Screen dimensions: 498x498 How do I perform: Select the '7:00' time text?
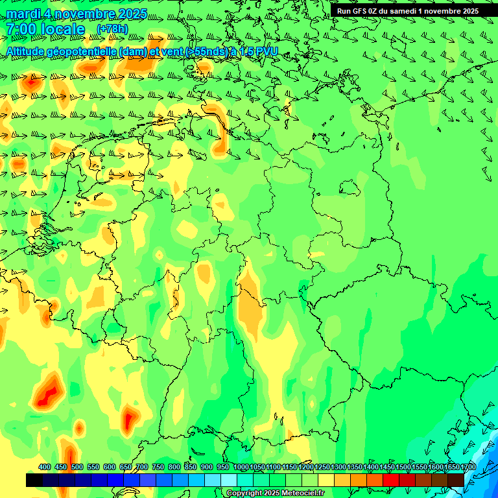[20, 30]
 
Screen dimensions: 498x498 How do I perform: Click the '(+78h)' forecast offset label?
[112, 29]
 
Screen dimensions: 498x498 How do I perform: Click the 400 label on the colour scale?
[45, 467]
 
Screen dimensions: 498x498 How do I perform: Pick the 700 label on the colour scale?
[142, 467]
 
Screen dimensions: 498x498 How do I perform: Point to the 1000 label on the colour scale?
[241, 467]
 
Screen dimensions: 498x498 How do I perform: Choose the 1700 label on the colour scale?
[468, 467]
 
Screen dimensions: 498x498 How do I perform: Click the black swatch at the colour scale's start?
[34, 480]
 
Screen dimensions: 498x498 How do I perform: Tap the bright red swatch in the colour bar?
[391, 480]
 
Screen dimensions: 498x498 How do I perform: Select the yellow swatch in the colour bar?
[326, 480]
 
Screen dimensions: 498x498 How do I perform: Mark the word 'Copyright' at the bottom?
[244, 493]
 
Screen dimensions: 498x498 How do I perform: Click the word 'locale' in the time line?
[63, 30]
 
